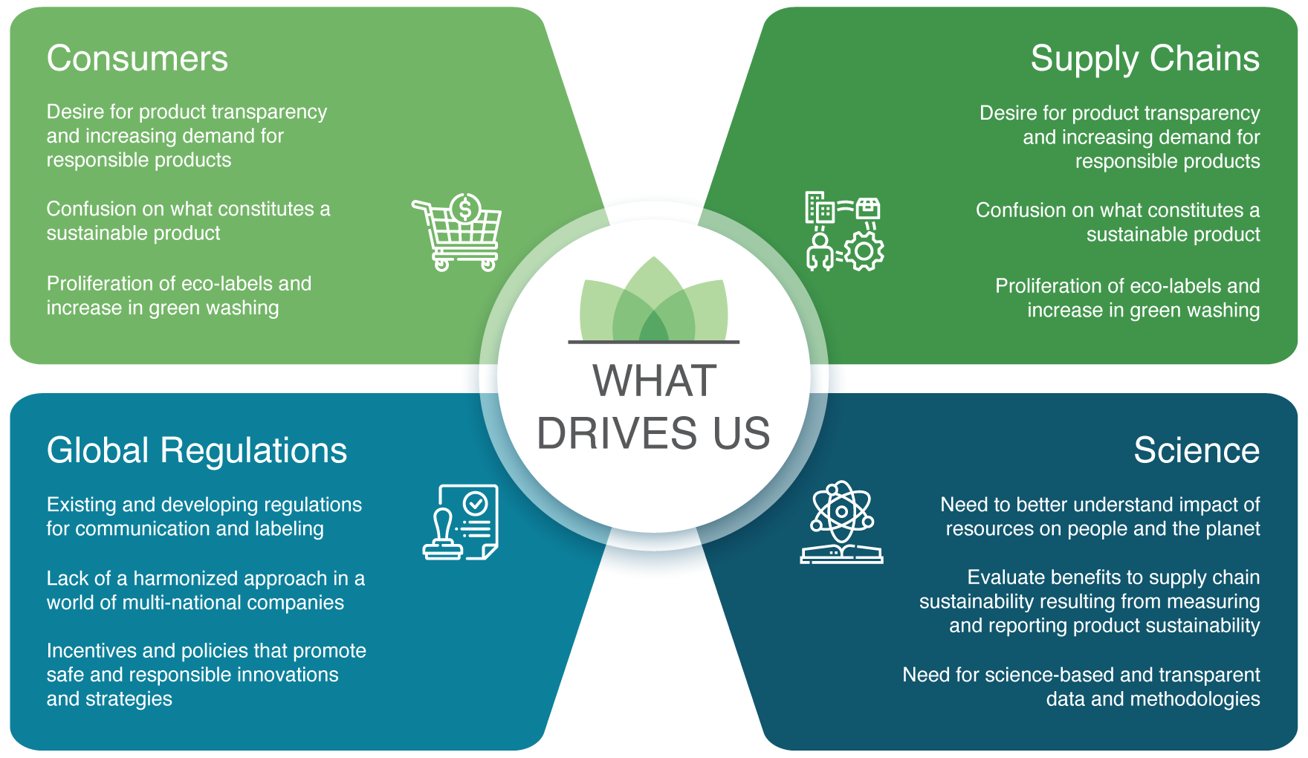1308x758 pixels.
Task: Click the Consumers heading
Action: (137, 59)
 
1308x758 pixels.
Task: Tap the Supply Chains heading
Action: (1144, 59)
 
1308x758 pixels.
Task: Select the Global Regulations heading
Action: (197, 451)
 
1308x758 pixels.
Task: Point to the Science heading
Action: (1197, 450)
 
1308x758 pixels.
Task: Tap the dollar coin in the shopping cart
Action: (466, 209)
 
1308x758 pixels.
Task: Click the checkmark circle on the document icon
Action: (475, 505)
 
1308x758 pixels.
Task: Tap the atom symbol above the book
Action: (841, 511)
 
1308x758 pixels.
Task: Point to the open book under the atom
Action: (841, 554)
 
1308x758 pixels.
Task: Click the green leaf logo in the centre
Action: (654, 299)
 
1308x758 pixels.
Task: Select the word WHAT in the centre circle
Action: (655, 380)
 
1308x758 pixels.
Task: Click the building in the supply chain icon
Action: (820, 208)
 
